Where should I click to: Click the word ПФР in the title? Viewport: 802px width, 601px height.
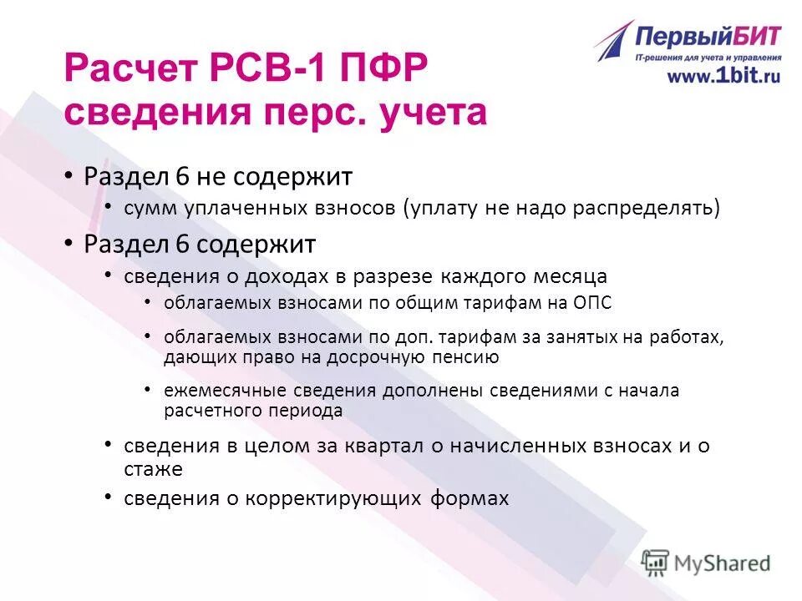[x=385, y=67]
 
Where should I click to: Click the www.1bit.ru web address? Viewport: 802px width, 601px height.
[x=723, y=75]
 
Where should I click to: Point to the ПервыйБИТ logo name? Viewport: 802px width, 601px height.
[x=708, y=37]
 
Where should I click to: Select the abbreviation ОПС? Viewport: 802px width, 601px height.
[x=593, y=303]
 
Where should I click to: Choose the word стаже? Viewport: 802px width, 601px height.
[x=153, y=469]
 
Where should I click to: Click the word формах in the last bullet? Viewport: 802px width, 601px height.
[x=470, y=498]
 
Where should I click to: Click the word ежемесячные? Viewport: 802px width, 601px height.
[x=215, y=391]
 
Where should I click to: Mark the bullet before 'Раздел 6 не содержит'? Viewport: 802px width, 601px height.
[x=70, y=177]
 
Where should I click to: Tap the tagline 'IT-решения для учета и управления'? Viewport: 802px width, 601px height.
[x=708, y=58]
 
